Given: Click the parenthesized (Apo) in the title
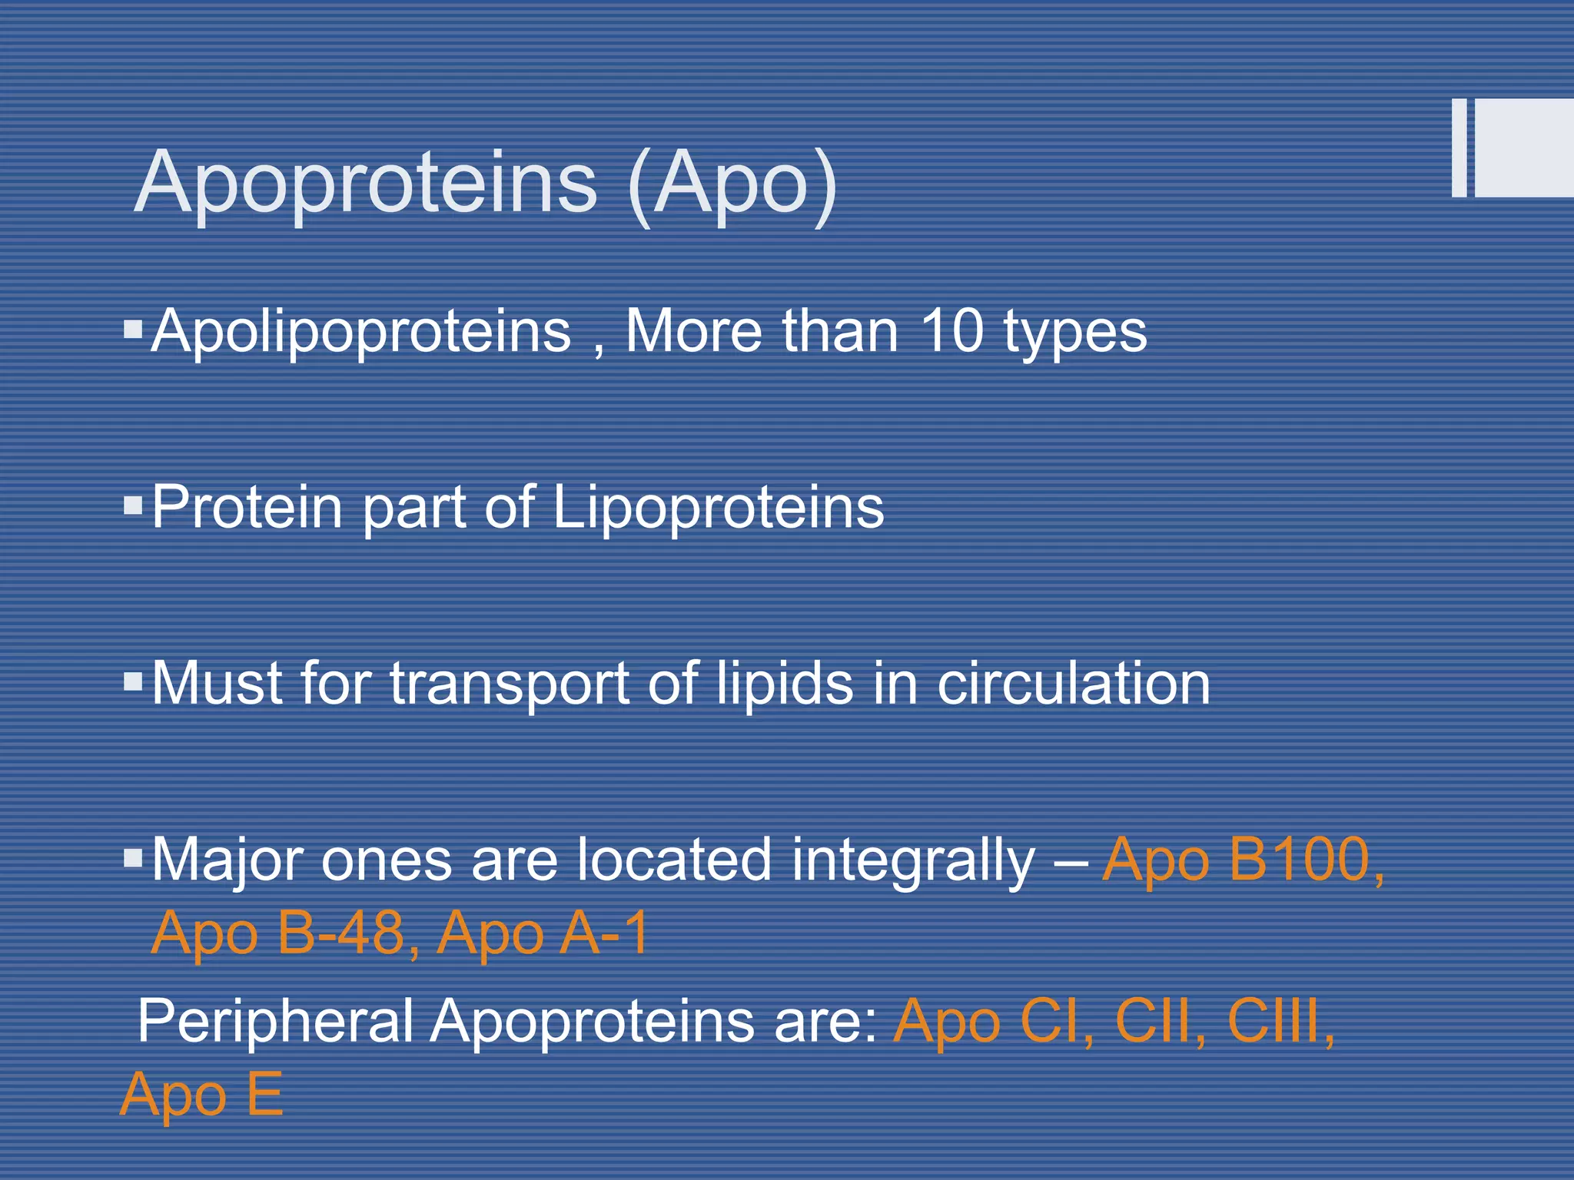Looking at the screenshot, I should click(x=732, y=184).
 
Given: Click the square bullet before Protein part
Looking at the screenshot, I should click(x=133, y=505).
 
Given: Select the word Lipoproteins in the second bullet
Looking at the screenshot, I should click(x=718, y=509).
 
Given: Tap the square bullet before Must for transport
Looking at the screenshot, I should click(x=133, y=681).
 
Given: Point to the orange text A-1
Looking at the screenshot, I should click(x=604, y=933).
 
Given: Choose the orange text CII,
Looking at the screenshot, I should click(x=1159, y=1022).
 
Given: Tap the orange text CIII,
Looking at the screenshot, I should click(x=1280, y=1022).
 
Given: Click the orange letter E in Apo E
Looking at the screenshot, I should click(x=264, y=1094).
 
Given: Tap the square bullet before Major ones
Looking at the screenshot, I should click(x=133, y=857).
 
